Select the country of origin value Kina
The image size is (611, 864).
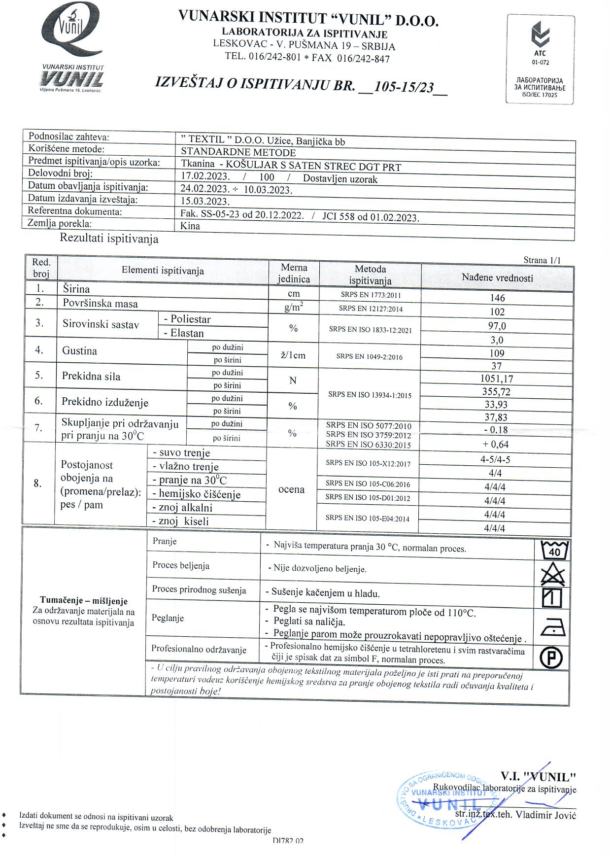(x=190, y=226)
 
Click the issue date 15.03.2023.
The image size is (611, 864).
(x=205, y=201)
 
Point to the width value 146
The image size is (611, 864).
(x=497, y=298)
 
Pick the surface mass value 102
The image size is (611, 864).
(x=497, y=311)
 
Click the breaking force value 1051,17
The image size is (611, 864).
(x=497, y=379)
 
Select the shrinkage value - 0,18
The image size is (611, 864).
(x=496, y=430)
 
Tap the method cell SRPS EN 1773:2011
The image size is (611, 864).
(x=370, y=295)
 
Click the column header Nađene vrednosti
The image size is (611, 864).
(x=497, y=277)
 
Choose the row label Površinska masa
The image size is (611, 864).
(x=100, y=304)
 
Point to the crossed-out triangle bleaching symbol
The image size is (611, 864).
(x=553, y=574)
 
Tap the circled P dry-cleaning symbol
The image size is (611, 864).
(x=552, y=657)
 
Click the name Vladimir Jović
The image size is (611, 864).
(x=545, y=815)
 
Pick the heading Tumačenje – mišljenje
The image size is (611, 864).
(x=84, y=601)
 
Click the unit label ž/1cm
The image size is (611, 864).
(x=293, y=355)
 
